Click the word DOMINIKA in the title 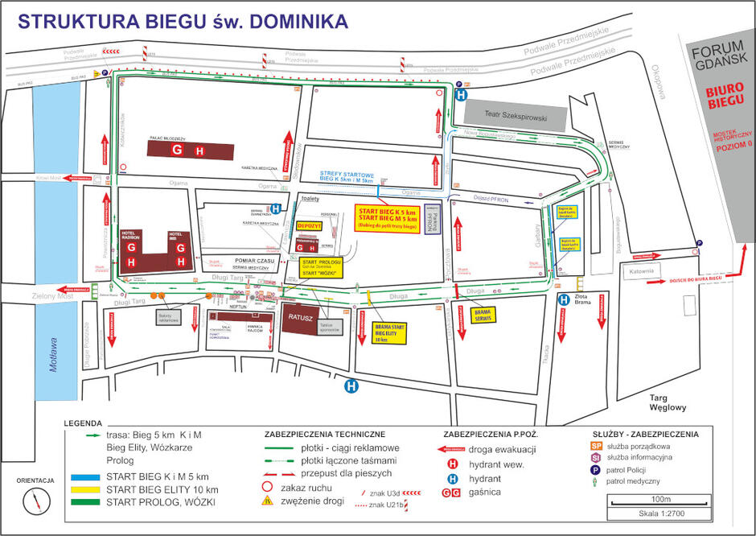pyautogui.click(x=290, y=21)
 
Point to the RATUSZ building pyautogui.click(x=302, y=318)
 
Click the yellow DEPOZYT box pyautogui.click(x=309, y=226)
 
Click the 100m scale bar pyautogui.click(x=648, y=502)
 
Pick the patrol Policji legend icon pyautogui.click(x=596, y=469)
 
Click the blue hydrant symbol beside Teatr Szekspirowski pyautogui.click(x=461, y=94)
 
